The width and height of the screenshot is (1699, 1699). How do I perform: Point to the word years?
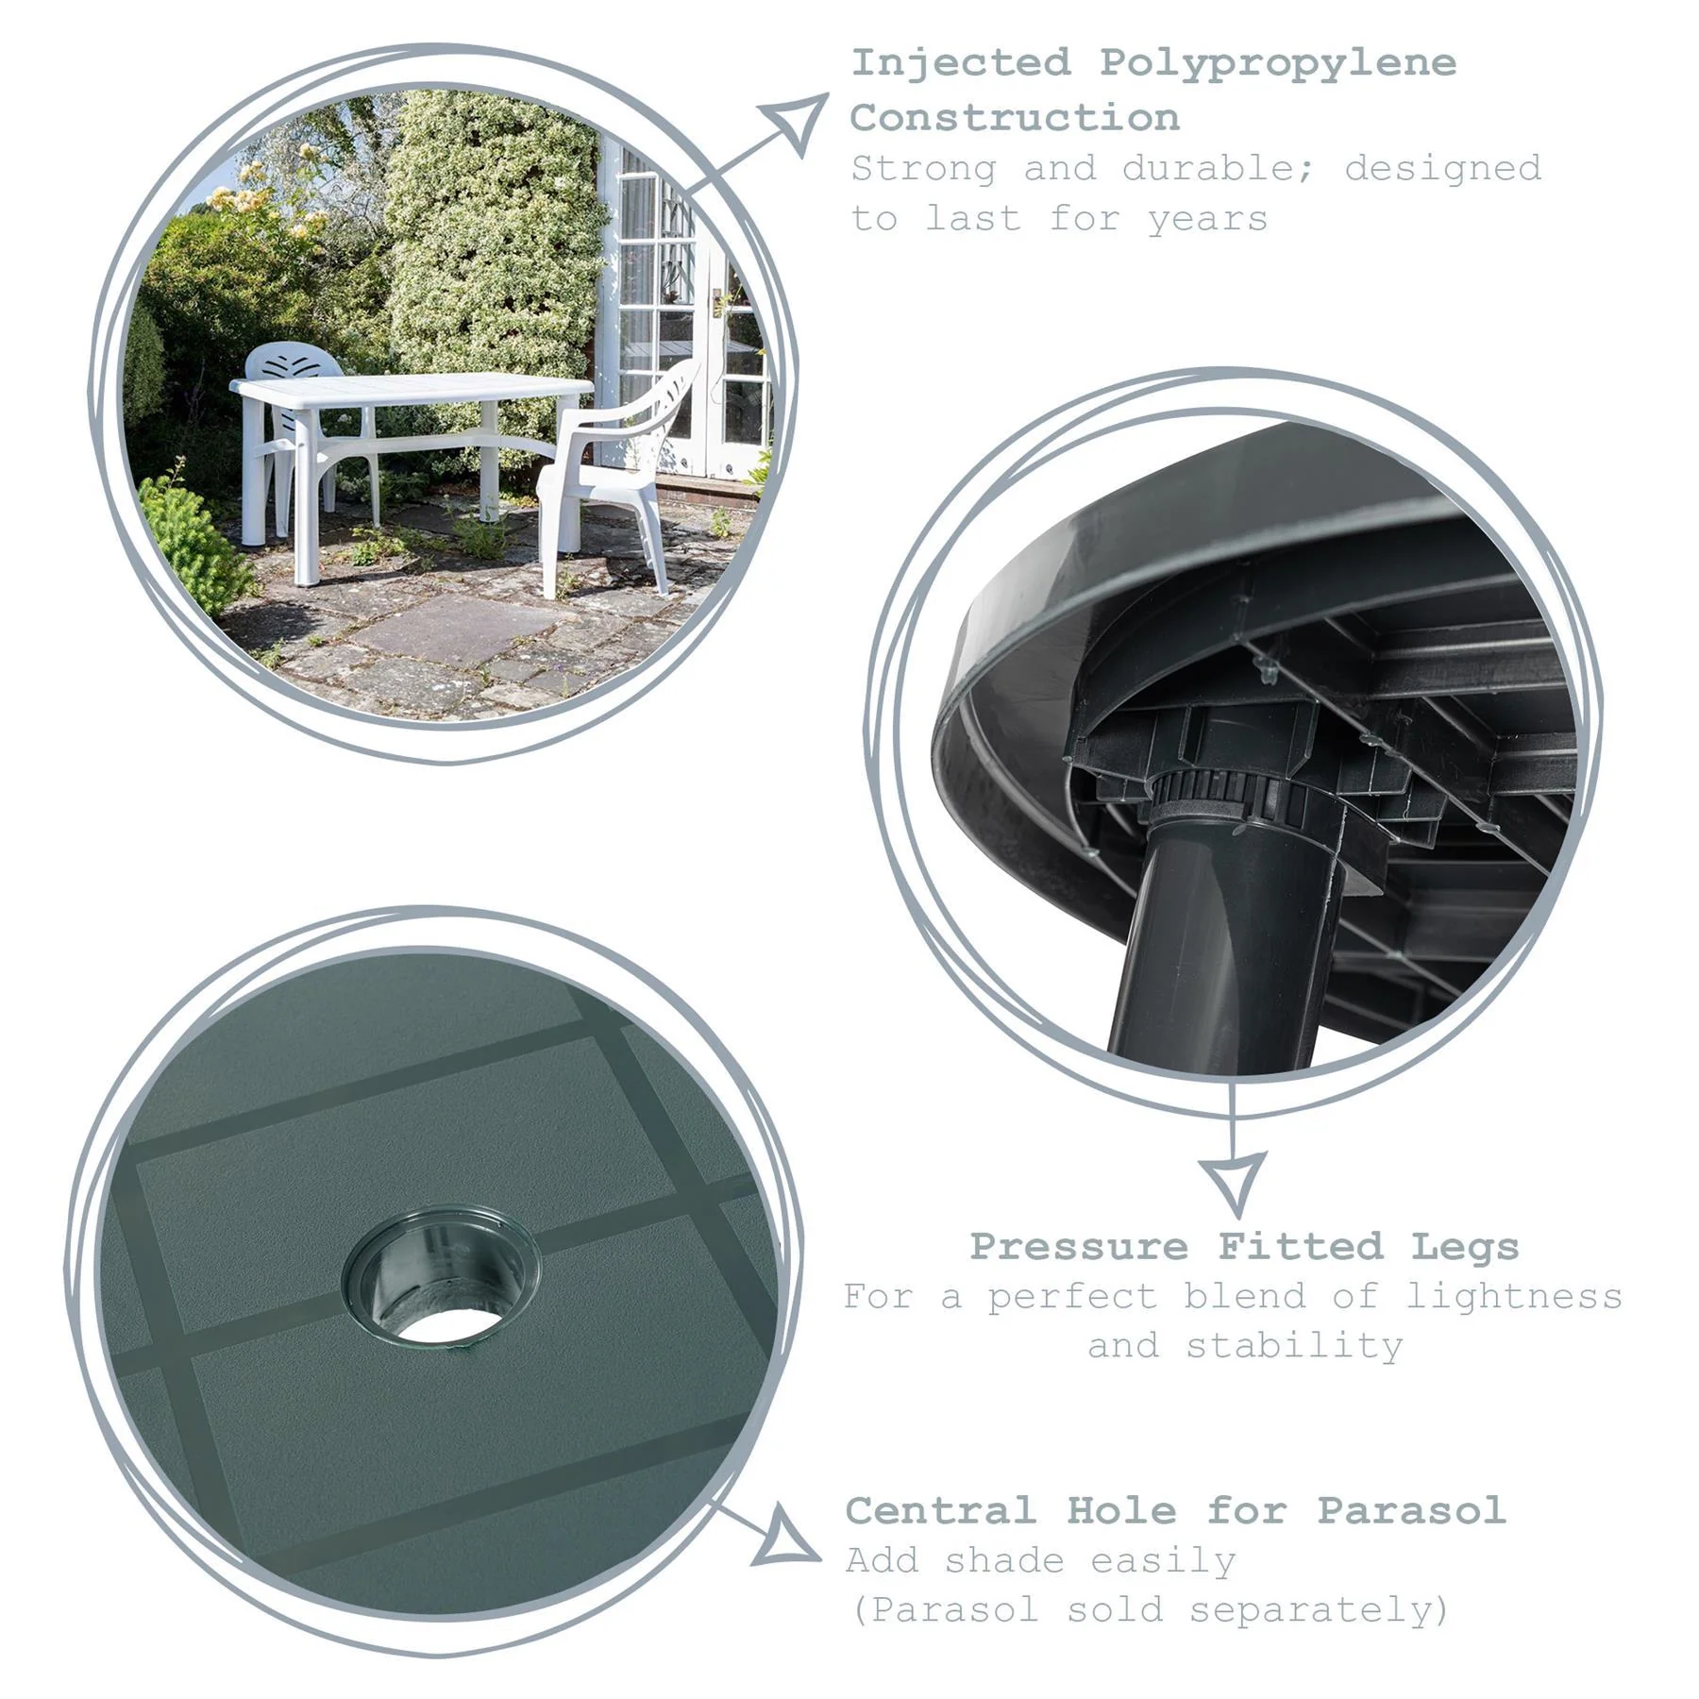[1207, 220]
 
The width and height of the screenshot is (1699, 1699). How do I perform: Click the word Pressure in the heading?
[1078, 1247]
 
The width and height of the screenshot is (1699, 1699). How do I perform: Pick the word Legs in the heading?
[1464, 1247]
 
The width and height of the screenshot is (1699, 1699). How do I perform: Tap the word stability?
[1294, 1346]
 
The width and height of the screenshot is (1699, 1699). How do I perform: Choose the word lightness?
[1513, 1297]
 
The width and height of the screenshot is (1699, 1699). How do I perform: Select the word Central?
[940, 1511]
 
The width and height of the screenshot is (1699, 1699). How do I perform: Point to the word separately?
[1318, 1610]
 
